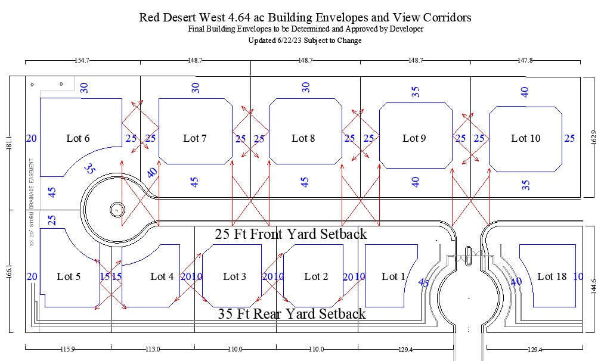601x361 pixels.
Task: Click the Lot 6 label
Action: coord(78,139)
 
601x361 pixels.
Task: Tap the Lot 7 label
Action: coord(195,139)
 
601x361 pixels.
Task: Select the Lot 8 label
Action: coord(303,139)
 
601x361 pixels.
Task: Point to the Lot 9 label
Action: coord(414,139)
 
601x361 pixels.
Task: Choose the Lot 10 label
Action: coord(525,139)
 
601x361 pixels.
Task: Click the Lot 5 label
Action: coord(69,276)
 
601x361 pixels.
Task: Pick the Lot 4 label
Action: coord(162,276)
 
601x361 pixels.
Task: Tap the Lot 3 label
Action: coord(234,276)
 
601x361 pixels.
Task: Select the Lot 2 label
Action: coord(316,276)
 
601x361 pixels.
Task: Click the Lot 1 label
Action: coord(394,276)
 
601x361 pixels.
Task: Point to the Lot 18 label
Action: coord(552,276)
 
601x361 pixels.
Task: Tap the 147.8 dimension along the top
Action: coord(524,61)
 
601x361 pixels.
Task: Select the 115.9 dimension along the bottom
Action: coord(67,350)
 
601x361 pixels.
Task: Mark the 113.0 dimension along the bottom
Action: coord(153,350)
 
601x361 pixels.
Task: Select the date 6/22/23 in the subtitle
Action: coord(287,41)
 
